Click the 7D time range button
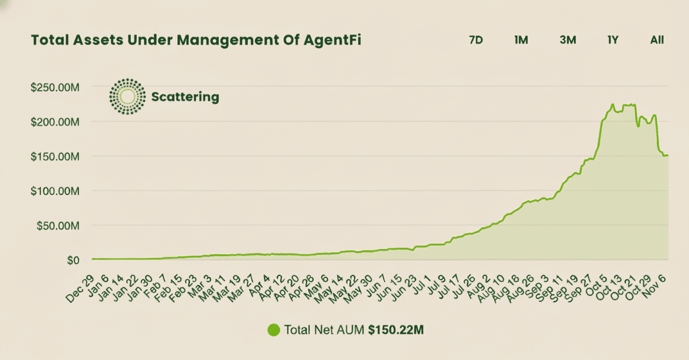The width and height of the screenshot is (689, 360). tap(476, 40)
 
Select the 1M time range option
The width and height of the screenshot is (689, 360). tap(521, 40)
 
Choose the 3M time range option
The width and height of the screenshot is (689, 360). tap(568, 40)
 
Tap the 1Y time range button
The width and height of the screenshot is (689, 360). tap(613, 40)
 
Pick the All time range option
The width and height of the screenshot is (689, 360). tap(657, 40)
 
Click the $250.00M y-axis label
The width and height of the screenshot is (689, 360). tap(55, 87)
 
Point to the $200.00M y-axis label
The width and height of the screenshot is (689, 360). tap(55, 121)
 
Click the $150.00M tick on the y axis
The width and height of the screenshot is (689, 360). tap(55, 156)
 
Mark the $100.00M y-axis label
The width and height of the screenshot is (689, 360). tap(55, 191)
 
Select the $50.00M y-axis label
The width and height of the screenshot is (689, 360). tap(57, 225)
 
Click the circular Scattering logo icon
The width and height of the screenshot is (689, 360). tap(127, 96)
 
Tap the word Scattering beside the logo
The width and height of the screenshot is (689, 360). tap(185, 96)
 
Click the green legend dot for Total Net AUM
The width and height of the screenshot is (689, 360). tap(274, 330)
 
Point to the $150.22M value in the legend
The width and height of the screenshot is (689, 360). tap(396, 330)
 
